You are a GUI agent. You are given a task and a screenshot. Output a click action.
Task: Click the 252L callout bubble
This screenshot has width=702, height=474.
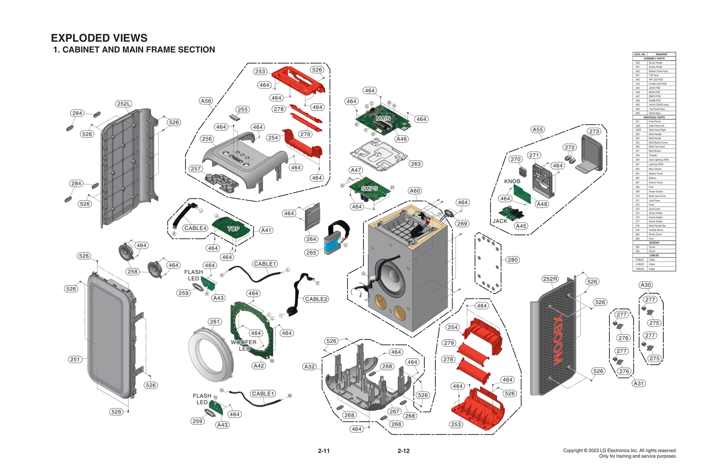pyautogui.click(x=124, y=104)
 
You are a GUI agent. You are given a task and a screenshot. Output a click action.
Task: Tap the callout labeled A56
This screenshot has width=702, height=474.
pyautogui.click(x=206, y=101)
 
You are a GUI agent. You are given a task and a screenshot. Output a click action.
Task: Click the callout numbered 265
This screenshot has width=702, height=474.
pyautogui.click(x=311, y=253)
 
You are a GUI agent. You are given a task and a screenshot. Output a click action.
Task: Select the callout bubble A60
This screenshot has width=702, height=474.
pyautogui.click(x=415, y=191)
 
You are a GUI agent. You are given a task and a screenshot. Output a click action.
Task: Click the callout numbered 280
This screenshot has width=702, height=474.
pyautogui.click(x=512, y=260)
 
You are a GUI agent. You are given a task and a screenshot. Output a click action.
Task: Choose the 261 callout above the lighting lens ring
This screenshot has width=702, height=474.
pyautogui.click(x=215, y=322)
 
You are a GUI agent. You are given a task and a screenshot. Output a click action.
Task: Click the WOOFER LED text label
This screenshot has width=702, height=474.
pyautogui.click(x=244, y=345)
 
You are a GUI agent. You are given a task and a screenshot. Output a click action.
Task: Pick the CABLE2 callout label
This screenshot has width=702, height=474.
pyautogui.click(x=316, y=299)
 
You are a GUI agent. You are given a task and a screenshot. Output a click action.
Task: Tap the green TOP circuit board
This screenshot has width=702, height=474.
pyautogui.click(x=233, y=228)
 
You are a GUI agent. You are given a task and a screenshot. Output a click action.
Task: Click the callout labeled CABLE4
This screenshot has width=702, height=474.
pyautogui.click(x=195, y=228)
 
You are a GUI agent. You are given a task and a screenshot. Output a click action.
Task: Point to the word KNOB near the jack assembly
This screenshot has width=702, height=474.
pyautogui.click(x=512, y=181)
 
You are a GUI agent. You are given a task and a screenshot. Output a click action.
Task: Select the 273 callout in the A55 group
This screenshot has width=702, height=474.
pyautogui.click(x=594, y=132)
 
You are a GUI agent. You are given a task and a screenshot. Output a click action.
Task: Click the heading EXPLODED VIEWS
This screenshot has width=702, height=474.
pyautogui.click(x=99, y=38)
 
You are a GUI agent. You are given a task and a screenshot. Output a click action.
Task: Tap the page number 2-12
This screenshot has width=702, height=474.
pyautogui.click(x=403, y=451)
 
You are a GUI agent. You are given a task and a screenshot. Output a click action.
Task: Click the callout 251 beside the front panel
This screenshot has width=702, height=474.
pyautogui.click(x=75, y=359)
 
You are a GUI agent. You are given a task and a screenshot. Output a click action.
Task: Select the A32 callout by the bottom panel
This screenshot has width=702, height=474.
pyautogui.click(x=309, y=366)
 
